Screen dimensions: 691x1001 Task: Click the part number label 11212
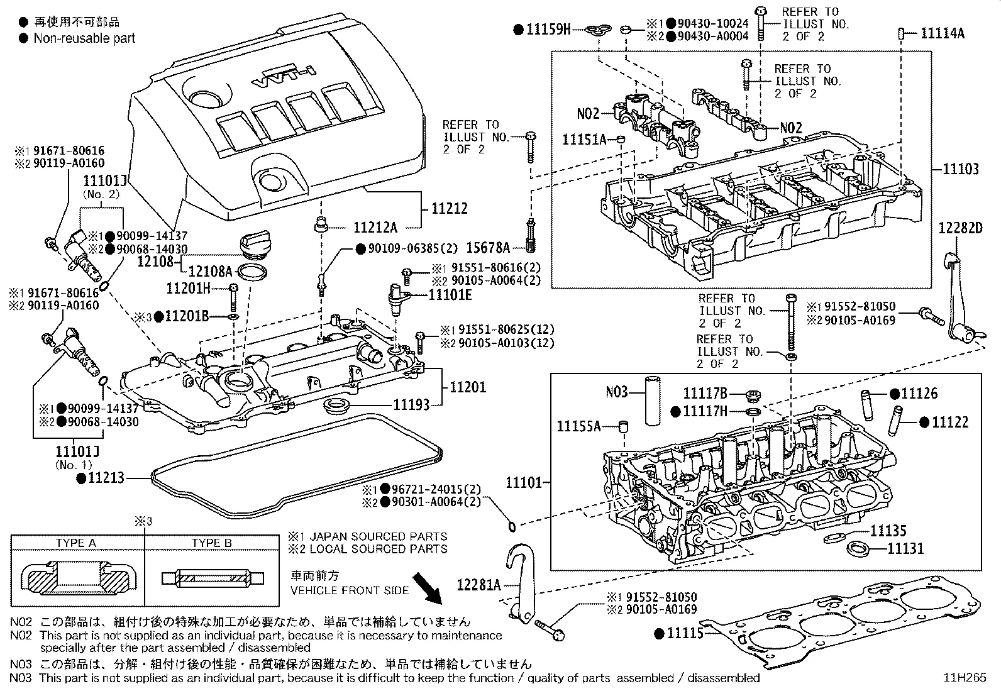point(449,208)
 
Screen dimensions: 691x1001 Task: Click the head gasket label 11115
point(685,634)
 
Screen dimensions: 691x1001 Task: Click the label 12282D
point(961,228)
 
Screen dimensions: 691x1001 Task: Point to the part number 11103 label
point(960,169)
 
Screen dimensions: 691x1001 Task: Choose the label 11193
point(411,405)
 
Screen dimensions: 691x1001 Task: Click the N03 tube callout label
point(617,392)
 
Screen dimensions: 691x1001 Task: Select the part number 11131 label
point(905,549)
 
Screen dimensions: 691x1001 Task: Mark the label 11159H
point(548,29)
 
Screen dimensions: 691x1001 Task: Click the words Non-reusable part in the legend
point(84,38)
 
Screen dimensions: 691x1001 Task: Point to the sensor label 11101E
point(450,293)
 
